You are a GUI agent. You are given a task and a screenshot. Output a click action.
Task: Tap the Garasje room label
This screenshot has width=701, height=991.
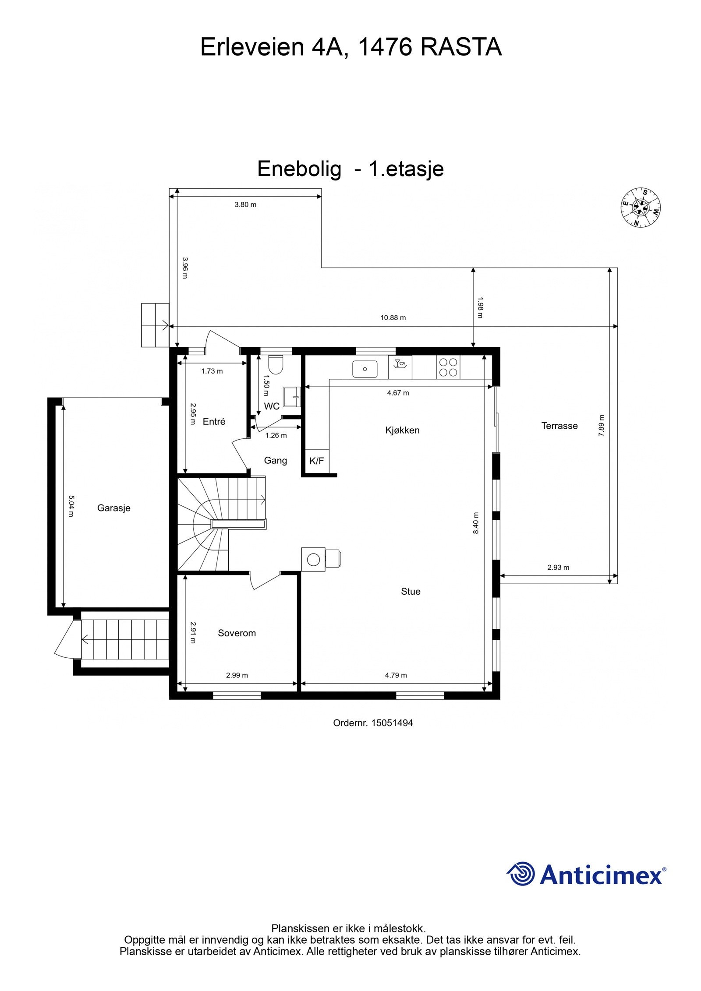pyautogui.click(x=114, y=508)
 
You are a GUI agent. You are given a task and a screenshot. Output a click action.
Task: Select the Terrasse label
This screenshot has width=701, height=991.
pyautogui.click(x=559, y=426)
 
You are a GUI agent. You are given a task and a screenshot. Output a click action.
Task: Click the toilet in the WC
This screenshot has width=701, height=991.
pyautogui.click(x=276, y=365)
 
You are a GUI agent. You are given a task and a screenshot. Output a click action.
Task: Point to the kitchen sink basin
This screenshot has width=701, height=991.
pyautogui.click(x=365, y=369)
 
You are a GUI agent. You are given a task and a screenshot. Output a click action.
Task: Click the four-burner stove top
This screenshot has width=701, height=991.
pyautogui.click(x=448, y=367)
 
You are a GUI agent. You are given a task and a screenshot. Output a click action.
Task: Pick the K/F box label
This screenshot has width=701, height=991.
pyautogui.click(x=316, y=461)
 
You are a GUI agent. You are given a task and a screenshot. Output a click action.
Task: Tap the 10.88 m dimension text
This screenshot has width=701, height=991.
pyautogui.click(x=393, y=317)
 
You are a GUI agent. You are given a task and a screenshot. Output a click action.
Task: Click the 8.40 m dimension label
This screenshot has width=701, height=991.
pyautogui.click(x=476, y=523)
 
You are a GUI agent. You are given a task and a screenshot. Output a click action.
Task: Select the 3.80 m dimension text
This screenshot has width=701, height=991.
pyautogui.click(x=245, y=205)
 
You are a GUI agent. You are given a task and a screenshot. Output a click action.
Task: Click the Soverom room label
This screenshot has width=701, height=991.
pyautogui.click(x=237, y=633)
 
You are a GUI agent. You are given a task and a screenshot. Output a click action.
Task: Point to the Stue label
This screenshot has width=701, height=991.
pyautogui.click(x=411, y=592)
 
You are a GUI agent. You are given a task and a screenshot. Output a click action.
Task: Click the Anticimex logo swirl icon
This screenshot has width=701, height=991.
pyautogui.click(x=520, y=874)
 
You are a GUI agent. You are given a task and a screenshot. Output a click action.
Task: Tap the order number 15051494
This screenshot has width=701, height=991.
pyautogui.click(x=392, y=723)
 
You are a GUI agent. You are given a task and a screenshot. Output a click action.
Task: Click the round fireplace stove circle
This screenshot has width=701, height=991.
pyautogui.click(x=313, y=559)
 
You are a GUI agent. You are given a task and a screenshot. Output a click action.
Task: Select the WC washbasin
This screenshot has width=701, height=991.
pyautogui.click(x=291, y=397)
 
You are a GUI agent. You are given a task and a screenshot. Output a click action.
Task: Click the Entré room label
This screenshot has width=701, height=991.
pyautogui.click(x=214, y=421)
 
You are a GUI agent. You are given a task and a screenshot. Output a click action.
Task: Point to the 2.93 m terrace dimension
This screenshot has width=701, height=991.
pyautogui.click(x=558, y=568)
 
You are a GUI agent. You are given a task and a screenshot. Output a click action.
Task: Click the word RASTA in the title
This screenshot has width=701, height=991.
pyautogui.click(x=460, y=47)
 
